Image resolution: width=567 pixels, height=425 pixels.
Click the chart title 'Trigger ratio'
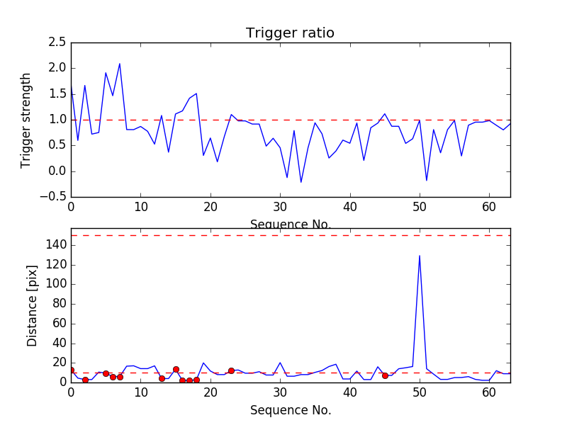point(290,33)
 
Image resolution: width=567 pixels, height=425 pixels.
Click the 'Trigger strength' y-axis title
point(26,120)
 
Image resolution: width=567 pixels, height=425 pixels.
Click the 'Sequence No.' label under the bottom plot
point(291,410)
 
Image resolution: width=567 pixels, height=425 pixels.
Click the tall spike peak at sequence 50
point(420,256)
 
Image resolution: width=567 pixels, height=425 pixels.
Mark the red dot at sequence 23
point(231,370)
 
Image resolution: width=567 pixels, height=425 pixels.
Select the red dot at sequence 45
point(385,375)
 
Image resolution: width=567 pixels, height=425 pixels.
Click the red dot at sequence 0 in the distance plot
point(71,370)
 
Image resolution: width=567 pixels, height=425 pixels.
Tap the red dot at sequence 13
point(162,378)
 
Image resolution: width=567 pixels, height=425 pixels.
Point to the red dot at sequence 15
point(176,369)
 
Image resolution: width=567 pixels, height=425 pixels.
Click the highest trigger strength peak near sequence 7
point(120,64)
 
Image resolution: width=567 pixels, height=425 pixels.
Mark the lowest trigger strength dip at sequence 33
point(301,183)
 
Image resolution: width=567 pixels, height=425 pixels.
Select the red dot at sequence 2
point(85,380)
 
